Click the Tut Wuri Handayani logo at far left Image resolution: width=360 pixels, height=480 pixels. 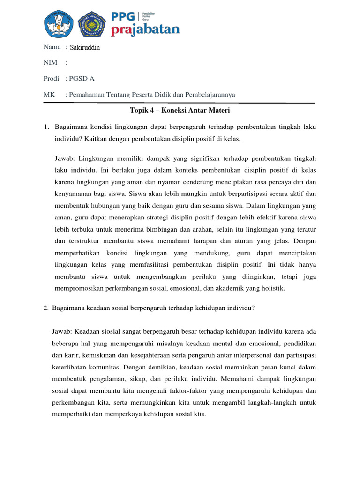(x=59, y=24)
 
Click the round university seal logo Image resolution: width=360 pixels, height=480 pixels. (x=92, y=24)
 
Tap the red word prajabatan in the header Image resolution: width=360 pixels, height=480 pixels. (x=145, y=30)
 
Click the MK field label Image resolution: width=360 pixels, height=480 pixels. (x=49, y=95)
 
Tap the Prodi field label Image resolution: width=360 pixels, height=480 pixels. (x=52, y=79)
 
